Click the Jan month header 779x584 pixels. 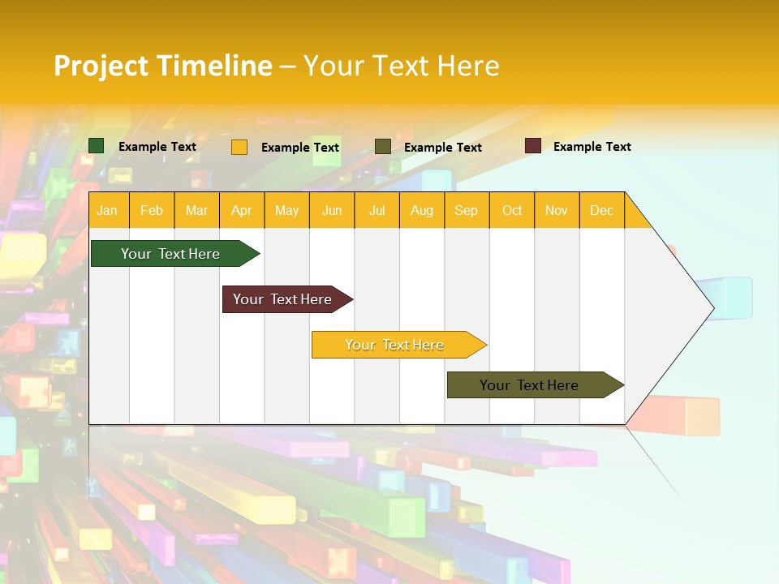107,210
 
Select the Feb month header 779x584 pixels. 152,210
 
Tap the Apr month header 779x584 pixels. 242,210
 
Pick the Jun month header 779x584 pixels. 332,210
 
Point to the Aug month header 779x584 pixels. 422,210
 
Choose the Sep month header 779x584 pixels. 467,210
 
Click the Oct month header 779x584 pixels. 512,210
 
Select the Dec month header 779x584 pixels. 602,210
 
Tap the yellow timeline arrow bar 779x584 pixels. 395,345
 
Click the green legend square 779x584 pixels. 97,146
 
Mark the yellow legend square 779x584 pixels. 239,147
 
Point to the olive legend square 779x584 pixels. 383,146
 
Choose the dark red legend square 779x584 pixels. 533,146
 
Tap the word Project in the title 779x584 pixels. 101,66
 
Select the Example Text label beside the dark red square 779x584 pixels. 592,147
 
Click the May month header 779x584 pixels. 286,210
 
